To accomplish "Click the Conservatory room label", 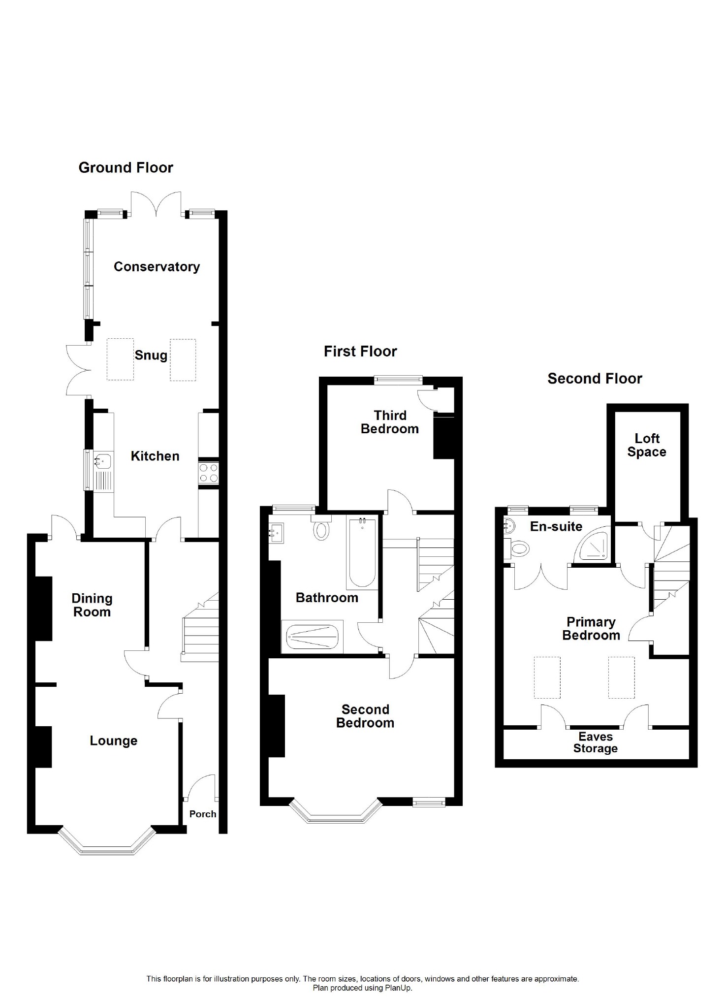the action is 157,267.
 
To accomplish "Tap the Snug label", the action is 151,355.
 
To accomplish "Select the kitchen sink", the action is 103,462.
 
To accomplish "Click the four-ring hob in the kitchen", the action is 208,473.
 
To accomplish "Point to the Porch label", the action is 203,814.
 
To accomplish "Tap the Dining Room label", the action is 92,605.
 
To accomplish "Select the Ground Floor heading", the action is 126,168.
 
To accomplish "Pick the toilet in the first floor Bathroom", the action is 321,527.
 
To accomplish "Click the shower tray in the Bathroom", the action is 310,637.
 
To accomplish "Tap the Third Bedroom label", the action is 390,422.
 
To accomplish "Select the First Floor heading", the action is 360,352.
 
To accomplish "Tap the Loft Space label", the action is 647,445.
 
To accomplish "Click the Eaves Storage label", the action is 596,742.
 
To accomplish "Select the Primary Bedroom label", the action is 591,629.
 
